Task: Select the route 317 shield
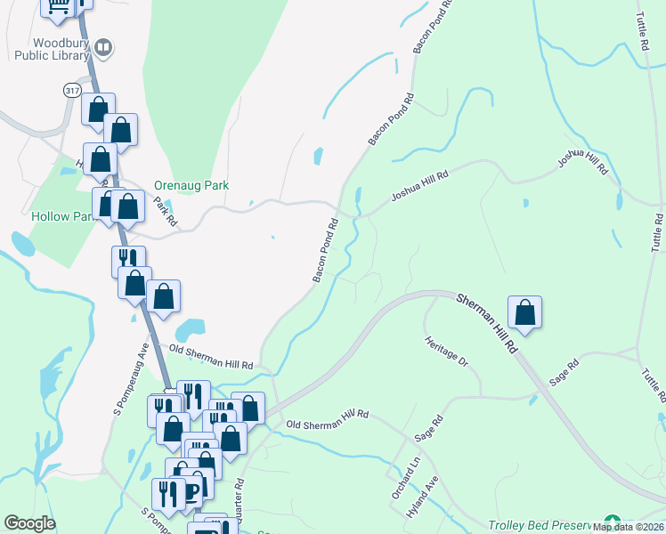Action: pyautogui.click(x=72, y=91)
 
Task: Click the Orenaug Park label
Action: pyautogui.click(x=191, y=186)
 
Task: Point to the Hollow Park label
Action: pyautogui.click(x=62, y=216)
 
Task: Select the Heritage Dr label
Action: pyautogui.click(x=446, y=352)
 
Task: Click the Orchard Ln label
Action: pyautogui.click(x=403, y=465)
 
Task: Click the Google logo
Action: pyautogui.click(x=29, y=523)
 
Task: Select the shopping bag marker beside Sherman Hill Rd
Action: pyautogui.click(x=525, y=312)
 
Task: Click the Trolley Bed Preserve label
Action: pyautogui.click(x=543, y=526)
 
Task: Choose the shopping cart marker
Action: pyautogui.click(x=58, y=7)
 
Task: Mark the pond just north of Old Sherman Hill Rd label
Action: pyautogui.click(x=191, y=331)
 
